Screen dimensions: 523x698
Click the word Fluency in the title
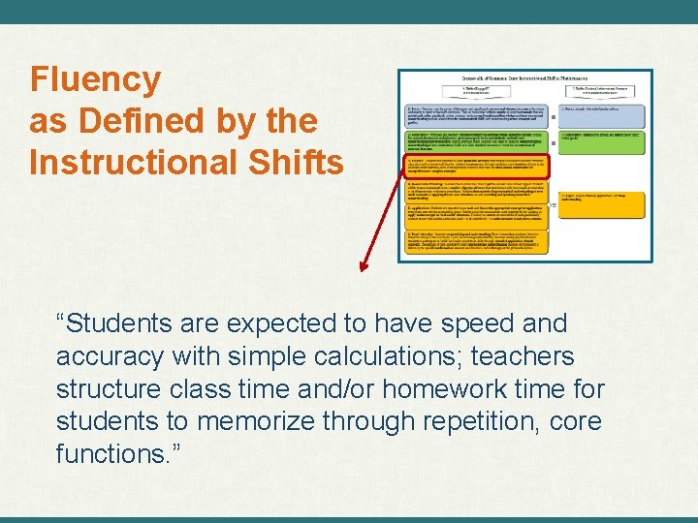[x=95, y=79]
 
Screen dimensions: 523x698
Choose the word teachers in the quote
[x=523, y=356]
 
